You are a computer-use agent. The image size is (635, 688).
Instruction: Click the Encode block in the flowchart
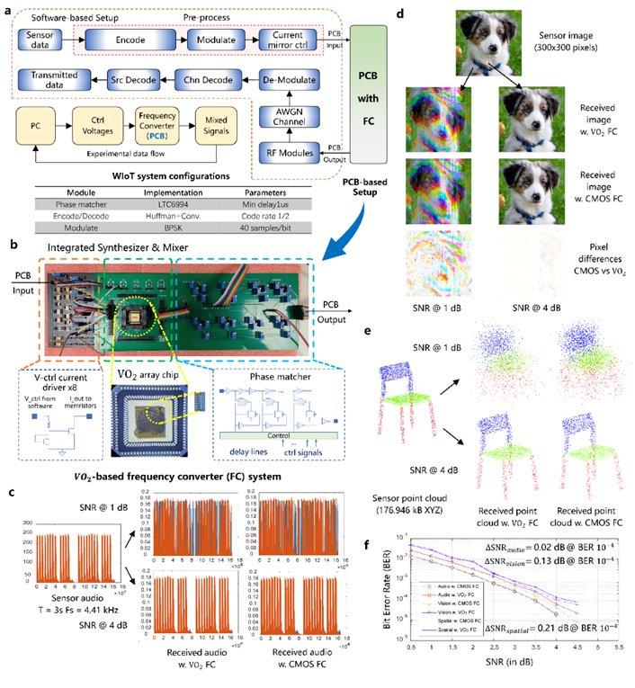point(134,40)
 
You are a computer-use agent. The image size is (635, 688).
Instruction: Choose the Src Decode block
point(134,76)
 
